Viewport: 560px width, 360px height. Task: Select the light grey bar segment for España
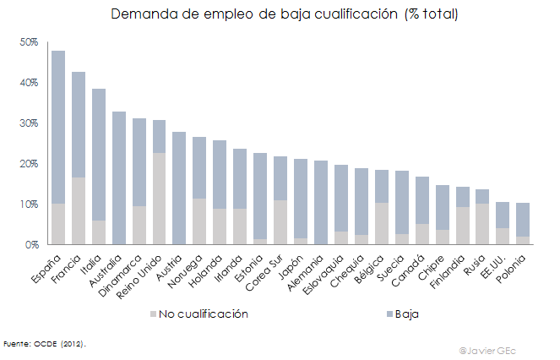[58, 224]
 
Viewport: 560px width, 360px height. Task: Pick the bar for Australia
[118, 177]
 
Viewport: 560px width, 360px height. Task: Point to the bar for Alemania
[321, 203]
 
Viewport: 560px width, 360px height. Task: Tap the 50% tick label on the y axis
[29, 42]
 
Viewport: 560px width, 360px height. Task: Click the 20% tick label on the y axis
[29, 164]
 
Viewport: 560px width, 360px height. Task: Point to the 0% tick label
[31, 245]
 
